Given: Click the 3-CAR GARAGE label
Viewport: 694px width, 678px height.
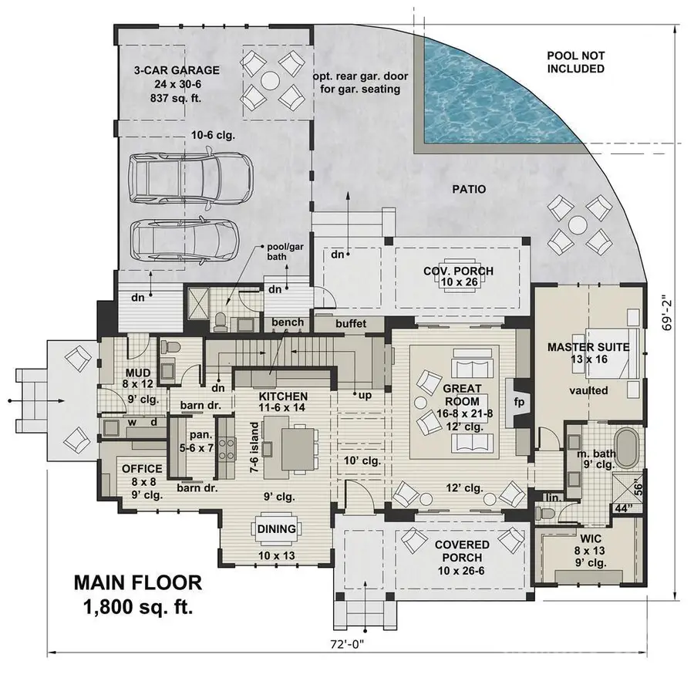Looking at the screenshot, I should coord(176,70).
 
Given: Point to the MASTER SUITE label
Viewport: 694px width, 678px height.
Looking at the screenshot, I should coord(588,347).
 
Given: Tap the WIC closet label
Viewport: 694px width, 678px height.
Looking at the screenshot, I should coord(591,539).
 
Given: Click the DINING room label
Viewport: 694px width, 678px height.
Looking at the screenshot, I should coord(274,529).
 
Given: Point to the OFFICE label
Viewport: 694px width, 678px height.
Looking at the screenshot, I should coord(141,469).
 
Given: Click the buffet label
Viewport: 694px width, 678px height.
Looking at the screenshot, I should coord(351,324).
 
